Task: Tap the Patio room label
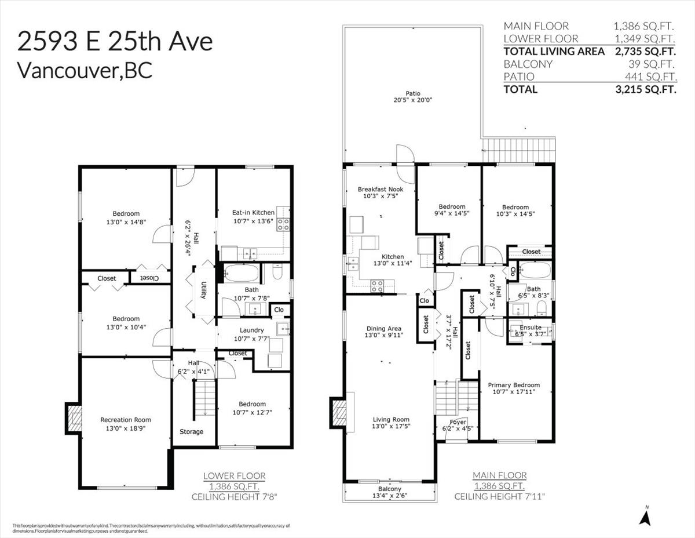(x=413, y=93)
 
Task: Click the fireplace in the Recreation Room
(x=74, y=418)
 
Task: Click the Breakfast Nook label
(x=381, y=189)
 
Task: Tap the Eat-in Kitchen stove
(x=283, y=224)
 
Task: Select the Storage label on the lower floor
(x=191, y=431)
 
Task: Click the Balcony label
(x=389, y=489)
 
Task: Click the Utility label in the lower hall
(x=204, y=290)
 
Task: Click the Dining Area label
(x=383, y=328)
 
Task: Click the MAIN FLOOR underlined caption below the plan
(x=500, y=475)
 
